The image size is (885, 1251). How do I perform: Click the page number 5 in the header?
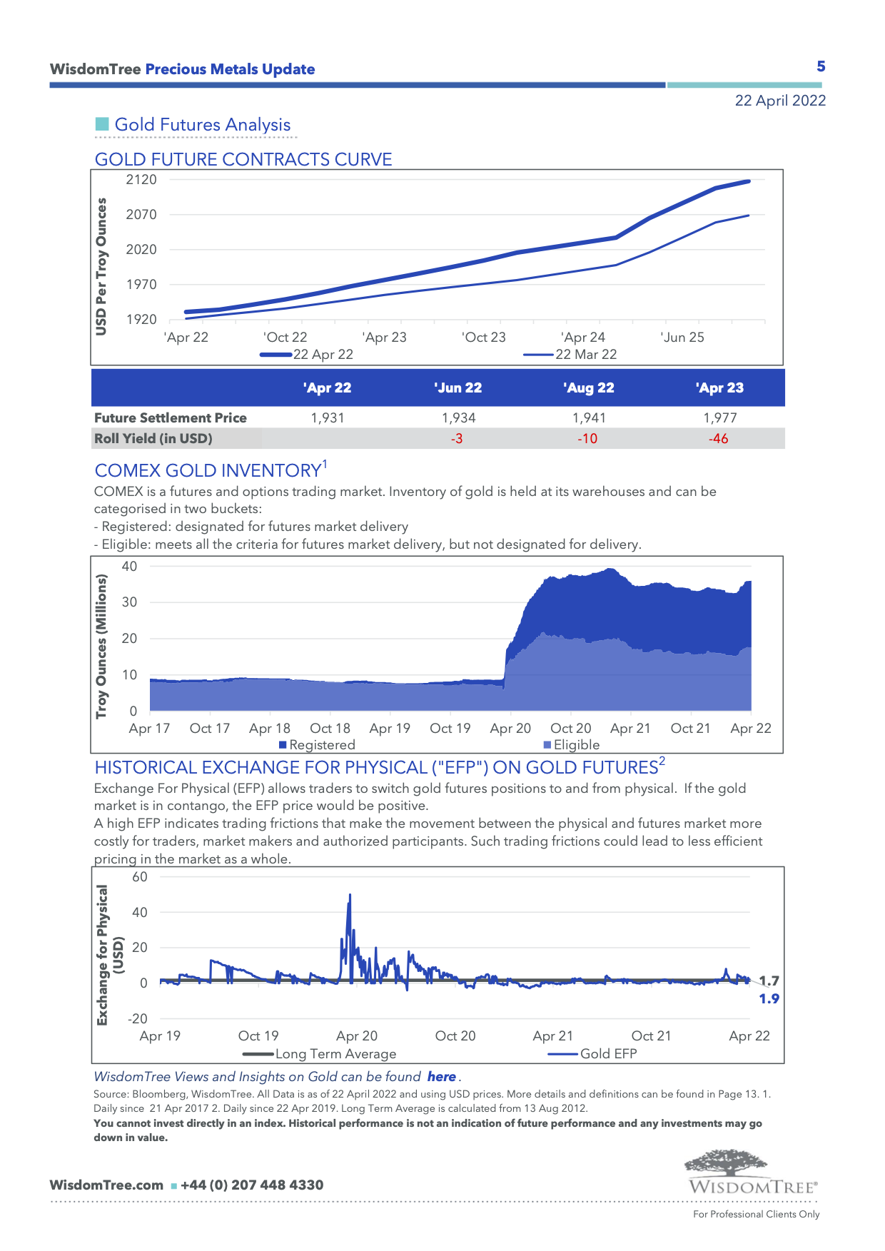pos(821,66)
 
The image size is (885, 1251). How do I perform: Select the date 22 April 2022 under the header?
pos(780,101)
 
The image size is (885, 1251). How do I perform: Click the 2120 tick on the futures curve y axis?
pos(141,180)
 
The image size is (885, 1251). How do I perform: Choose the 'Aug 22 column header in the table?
pos(588,388)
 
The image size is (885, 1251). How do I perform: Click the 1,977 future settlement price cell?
pos(719,418)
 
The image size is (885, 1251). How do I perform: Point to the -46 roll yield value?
pos(718,439)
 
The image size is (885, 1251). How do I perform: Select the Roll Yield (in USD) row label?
pos(153,439)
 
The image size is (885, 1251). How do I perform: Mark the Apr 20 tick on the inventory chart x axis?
pos(510,729)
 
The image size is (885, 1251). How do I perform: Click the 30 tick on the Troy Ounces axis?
pos(129,602)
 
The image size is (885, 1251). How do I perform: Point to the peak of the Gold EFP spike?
pos(350,895)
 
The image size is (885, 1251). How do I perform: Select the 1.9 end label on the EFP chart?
pos(769,999)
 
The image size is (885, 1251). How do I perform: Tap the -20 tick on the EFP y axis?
pos(138,1019)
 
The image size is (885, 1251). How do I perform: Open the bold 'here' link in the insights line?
pos(442,1077)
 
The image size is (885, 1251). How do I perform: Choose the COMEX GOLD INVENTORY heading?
pos(208,471)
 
